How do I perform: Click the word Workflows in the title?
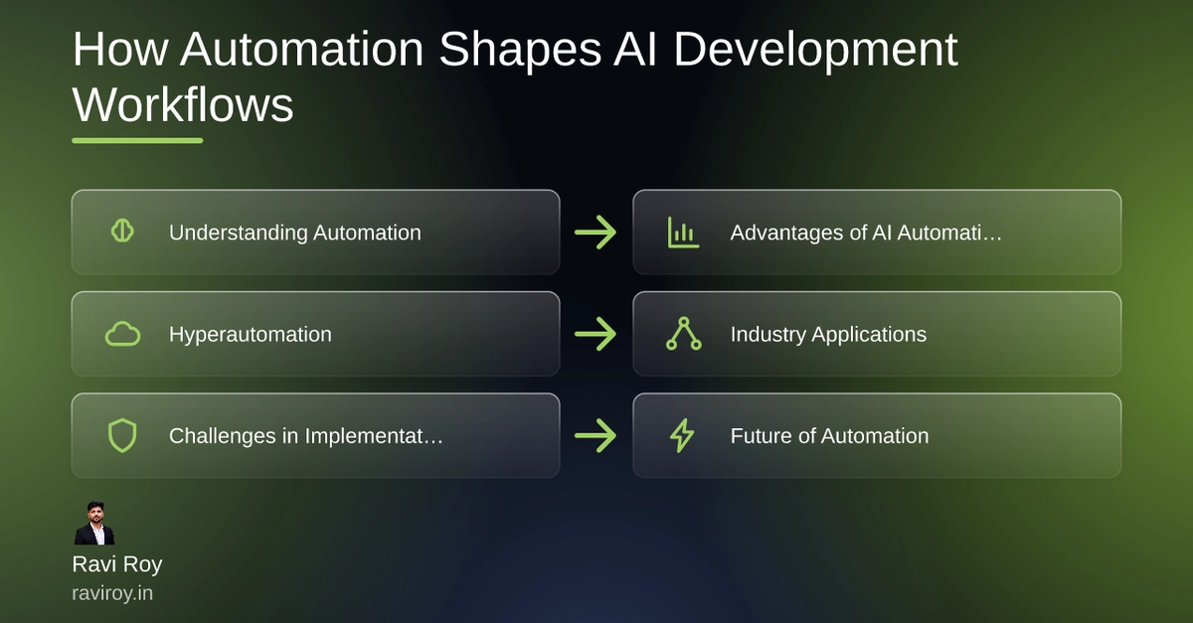(x=183, y=105)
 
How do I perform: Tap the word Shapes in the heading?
(x=520, y=50)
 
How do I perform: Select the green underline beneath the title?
(x=137, y=140)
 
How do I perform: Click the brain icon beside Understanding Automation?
(x=122, y=232)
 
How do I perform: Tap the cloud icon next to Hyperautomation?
(x=123, y=334)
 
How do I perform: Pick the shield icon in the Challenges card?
(x=122, y=435)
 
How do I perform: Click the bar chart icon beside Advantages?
(x=683, y=233)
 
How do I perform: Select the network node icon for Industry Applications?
(x=684, y=334)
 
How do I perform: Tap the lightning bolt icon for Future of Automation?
(x=682, y=435)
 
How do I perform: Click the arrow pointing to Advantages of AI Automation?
(x=596, y=233)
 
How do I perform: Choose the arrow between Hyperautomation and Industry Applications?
(x=596, y=334)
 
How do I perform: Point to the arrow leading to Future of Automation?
(x=596, y=435)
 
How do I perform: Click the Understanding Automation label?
(x=295, y=233)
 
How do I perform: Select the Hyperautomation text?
(x=251, y=335)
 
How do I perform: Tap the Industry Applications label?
(x=829, y=335)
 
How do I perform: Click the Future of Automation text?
(x=830, y=436)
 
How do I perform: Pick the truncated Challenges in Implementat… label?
(x=306, y=436)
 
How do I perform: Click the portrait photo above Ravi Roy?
(x=94, y=523)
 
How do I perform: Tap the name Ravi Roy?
(x=117, y=564)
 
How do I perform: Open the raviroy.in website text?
(x=112, y=593)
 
